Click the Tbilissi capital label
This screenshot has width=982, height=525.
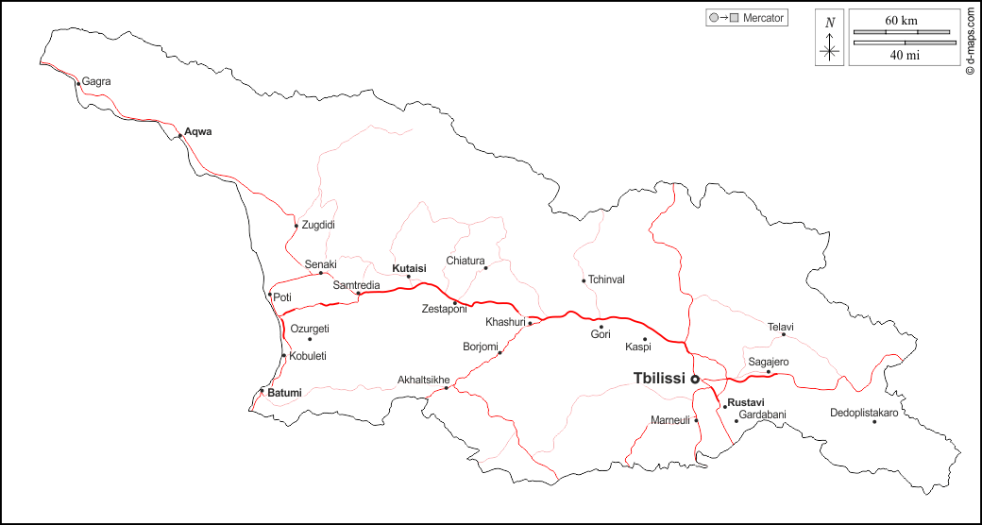coord(659,378)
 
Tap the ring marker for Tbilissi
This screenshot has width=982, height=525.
coord(695,379)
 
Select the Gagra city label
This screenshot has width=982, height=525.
coord(96,81)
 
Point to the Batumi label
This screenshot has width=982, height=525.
coord(284,392)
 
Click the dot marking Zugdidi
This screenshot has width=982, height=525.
coord(296,226)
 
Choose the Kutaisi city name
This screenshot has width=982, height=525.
coord(410,268)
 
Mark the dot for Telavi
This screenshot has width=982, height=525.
coord(783,334)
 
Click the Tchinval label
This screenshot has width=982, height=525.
coord(606,279)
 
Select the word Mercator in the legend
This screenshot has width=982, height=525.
coord(764,18)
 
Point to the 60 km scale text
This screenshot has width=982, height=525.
coord(901,20)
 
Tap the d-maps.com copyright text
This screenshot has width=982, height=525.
coord(971,40)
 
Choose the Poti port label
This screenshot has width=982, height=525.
coord(282,297)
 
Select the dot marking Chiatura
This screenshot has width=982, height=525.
coord(486,268)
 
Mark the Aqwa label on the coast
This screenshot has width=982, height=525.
coord(198,131)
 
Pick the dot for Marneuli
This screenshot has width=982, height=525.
coord(697,420)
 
